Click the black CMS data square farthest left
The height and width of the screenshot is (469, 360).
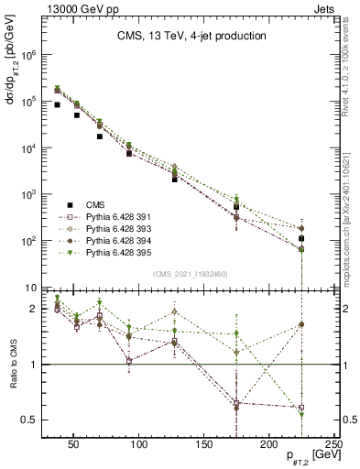tap(57, 104)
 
